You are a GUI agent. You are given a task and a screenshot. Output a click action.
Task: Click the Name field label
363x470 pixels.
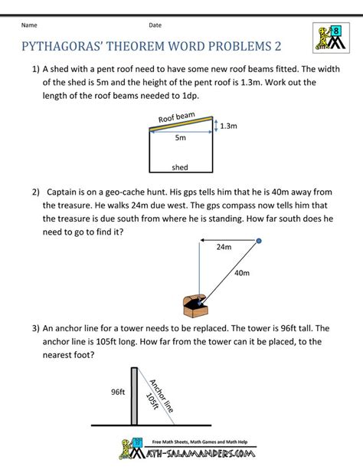[x=29, y=25]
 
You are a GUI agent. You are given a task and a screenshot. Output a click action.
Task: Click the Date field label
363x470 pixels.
[x=155, y=25]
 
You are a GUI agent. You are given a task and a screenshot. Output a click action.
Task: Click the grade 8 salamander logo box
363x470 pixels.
[x=331, y=38]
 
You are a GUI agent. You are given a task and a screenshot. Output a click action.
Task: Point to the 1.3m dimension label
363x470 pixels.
[x=228, y=126]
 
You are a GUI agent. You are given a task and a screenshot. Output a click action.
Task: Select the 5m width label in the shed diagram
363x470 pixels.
[x=181, y=137]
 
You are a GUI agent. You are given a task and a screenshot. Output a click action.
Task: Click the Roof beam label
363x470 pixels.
[x=177, y=117]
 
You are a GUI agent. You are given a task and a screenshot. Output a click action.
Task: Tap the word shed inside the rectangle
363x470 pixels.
[x=180, y=167]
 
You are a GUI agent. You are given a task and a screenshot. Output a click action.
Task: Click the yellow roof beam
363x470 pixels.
[x=181, y=123]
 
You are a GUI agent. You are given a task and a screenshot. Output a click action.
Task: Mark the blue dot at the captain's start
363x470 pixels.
[x=259, y=241]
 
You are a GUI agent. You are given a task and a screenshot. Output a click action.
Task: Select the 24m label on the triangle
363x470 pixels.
[x=224, y=247]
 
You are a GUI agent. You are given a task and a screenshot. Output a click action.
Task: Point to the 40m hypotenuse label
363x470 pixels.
[x=242, y=273]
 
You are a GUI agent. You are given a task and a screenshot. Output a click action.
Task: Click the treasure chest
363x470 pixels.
[x=195, y=306]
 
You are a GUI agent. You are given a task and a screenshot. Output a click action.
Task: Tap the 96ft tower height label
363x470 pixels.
[x=118, y=392]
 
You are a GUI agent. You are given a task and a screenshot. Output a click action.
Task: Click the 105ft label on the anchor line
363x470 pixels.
[x=152, y=401]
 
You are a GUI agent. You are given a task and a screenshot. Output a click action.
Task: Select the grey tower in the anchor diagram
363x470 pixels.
[x=134, y=396]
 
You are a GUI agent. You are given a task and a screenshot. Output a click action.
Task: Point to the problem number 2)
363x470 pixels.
[x=36, y=192]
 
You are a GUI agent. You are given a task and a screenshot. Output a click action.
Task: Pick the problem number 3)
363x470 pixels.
[x=36, y=328]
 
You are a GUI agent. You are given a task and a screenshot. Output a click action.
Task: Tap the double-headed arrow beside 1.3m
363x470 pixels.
[x=216, y=125]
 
